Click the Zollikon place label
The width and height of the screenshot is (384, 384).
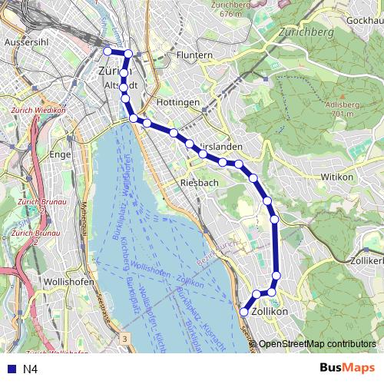click(270, 312)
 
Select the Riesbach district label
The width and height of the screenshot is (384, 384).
click(199, 183)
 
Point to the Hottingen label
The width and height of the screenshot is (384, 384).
click(179, 102)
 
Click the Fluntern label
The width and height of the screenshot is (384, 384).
click(194, 56)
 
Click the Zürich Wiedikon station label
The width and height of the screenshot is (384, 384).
click(38, 110)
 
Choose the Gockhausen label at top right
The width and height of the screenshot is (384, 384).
click(365, 20)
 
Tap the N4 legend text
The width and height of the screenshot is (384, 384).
click(31, 369)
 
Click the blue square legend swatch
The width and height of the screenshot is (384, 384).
click(10, 369)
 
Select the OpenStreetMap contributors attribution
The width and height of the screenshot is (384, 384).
click(317, 344)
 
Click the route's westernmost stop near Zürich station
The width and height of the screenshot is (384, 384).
click(108, 51)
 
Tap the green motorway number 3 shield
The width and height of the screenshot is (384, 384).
click(124, 338)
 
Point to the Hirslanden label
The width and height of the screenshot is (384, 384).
click(220, 146)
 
